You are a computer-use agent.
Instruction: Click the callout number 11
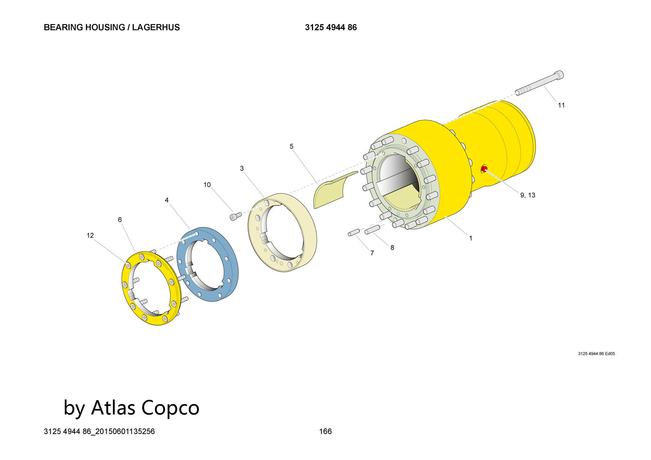(x=561, y=105)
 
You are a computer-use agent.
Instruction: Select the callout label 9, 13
(x=528, y=195)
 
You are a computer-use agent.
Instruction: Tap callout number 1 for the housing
(x=470, y=238)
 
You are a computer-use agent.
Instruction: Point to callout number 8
(x=392, y=248)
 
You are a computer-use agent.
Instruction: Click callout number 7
(x=372, y=253)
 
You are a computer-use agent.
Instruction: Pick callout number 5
(x=291, y=146)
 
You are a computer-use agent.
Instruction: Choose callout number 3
(x=242, y=168)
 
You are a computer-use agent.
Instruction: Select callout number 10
(x=207, y=185)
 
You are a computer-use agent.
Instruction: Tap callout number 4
(x=167, y=200)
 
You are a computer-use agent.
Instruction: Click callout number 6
(x=120, y=220)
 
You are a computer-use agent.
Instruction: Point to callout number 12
(x=90, y=235)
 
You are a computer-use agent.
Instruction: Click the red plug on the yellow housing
(x=484, y=169)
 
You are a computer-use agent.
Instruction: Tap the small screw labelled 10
(x=236, y=216)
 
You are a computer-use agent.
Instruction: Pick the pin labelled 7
(x=353, y=232)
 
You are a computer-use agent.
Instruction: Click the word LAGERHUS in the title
(x=156, y=27)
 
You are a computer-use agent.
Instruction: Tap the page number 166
(x=325, y=431)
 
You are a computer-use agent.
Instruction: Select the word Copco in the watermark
(x=170, y=407)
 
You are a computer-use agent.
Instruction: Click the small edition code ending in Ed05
(x=596, y=354)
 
